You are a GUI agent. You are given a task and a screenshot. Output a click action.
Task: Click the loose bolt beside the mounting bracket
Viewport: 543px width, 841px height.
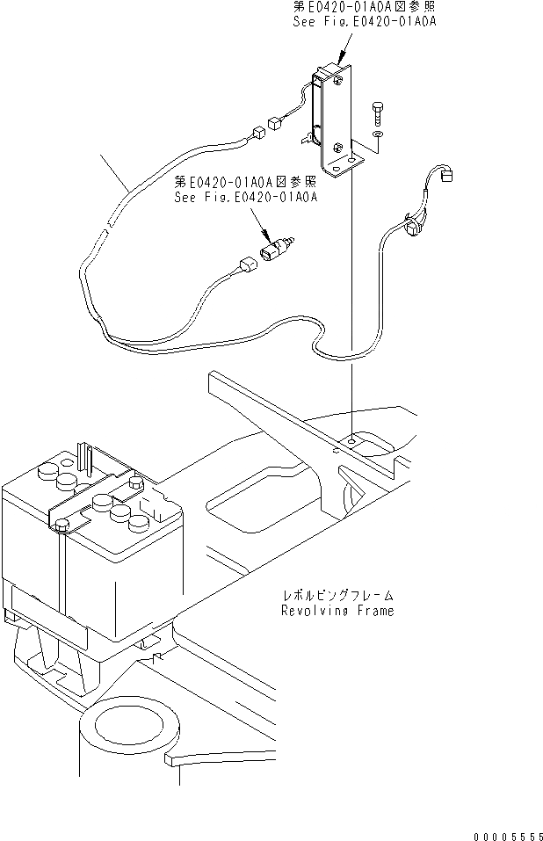(377, 112)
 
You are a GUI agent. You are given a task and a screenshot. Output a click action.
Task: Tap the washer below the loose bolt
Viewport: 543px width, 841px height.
(377, 136)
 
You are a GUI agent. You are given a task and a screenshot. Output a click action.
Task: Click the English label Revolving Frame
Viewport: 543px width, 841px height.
(337, 610)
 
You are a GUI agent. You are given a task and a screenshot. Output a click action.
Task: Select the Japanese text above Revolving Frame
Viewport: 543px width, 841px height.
(337, 595)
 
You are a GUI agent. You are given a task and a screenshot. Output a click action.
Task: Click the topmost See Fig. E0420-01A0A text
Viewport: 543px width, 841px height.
(365, 22)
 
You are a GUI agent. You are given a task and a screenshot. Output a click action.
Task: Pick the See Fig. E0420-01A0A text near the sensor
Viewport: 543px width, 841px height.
(246, 198)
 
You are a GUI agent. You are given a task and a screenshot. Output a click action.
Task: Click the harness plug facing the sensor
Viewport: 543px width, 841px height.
(248, 260)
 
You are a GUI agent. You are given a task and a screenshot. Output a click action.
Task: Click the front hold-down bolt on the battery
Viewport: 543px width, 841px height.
(61, 526)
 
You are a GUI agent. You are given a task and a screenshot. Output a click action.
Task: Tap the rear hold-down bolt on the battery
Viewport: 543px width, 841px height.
(135, 483)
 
